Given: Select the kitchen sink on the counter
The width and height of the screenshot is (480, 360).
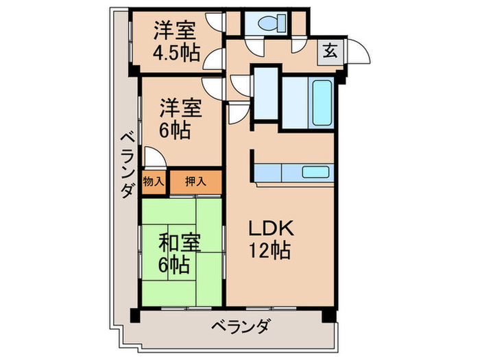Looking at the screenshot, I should point(317,173).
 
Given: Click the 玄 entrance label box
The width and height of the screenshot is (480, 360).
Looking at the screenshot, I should point(330,51).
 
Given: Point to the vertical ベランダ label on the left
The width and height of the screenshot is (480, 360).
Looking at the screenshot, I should point(125,165).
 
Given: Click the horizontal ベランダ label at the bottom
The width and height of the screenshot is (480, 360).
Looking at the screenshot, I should point(239,325).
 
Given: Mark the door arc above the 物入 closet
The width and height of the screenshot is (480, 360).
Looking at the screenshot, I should point(154,156).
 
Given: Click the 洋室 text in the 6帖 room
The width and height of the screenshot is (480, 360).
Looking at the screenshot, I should point(181,108).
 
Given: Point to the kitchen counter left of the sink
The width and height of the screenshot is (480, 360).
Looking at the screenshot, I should point(278,173).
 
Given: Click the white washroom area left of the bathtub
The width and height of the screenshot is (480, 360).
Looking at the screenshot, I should point(267,95).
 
